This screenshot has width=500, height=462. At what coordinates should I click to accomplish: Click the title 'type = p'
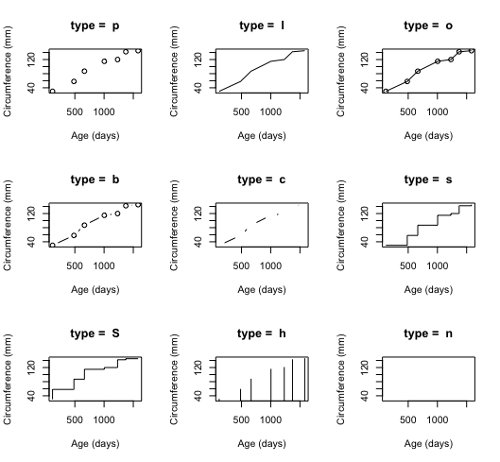95,26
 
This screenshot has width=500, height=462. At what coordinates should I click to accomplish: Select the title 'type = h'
261,334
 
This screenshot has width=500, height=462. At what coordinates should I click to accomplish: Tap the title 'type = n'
428,334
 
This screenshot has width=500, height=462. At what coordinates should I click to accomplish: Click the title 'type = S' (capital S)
95,334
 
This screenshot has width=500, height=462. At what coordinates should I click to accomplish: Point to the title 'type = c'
261,180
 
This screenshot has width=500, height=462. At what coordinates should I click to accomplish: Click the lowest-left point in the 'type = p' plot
52,92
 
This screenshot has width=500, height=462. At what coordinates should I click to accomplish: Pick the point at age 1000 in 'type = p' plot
104,61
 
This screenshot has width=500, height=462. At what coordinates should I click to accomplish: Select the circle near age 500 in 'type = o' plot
406,81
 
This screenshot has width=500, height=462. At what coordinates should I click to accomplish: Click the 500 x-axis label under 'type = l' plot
241,111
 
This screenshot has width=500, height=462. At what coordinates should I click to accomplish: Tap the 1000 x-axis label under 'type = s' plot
438,265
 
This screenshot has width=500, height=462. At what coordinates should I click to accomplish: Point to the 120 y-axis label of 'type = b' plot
31,214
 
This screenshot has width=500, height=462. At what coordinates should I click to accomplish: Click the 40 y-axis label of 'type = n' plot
365,396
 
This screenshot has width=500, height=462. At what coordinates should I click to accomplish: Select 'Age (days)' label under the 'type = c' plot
262,290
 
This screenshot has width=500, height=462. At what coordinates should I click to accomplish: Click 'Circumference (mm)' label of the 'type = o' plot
340,71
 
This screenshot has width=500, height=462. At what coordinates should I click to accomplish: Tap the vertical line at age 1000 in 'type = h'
270,385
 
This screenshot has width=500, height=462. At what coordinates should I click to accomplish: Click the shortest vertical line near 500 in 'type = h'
240,395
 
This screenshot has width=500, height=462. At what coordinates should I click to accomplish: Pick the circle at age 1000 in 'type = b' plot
104,215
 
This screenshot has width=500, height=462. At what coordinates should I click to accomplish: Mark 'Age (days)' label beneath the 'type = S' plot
95,444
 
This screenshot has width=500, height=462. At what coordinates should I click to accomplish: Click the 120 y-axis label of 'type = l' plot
198,60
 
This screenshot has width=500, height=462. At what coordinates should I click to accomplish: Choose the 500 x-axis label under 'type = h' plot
241,419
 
